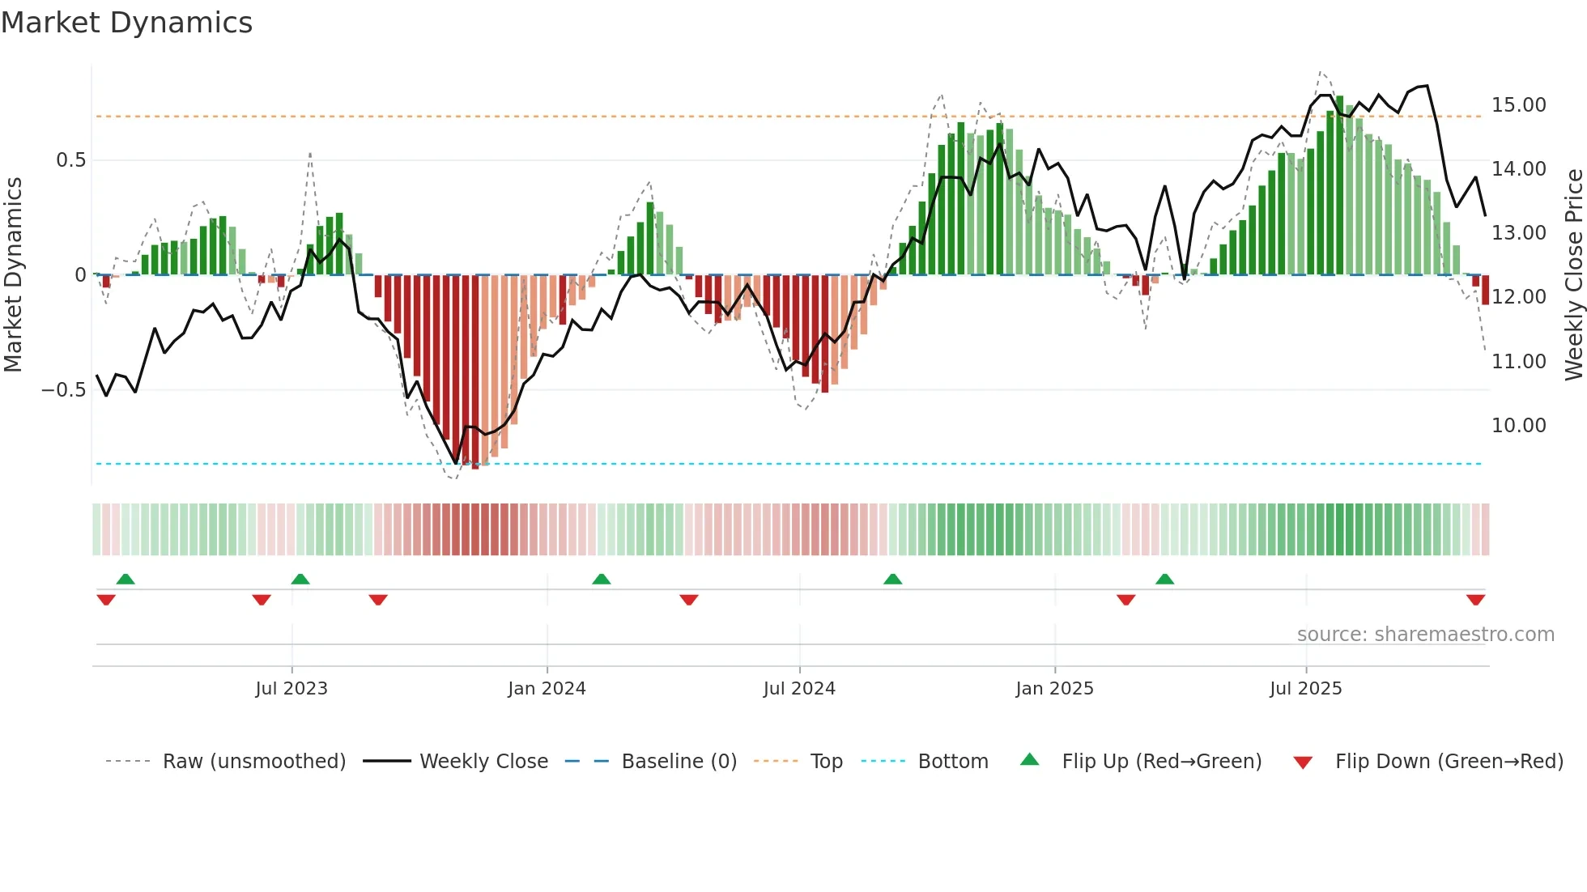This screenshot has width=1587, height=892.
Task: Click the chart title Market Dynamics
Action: [126, 23]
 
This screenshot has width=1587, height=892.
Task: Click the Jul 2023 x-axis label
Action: [291, 689]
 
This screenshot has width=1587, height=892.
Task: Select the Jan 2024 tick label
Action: [547, 689]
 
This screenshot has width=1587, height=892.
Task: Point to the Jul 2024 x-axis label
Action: [799, 689]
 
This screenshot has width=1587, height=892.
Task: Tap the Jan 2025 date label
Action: [1054, 689]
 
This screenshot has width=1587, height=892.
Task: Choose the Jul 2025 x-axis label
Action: [1305, 689]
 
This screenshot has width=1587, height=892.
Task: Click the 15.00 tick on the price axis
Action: [1518, 105]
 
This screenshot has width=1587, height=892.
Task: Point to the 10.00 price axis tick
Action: [1518, 426]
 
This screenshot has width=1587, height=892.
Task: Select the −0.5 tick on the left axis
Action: [64, 390]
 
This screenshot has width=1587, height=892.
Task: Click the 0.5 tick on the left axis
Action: [71, 160]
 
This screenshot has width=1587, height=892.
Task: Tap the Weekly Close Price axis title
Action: [1573, 275]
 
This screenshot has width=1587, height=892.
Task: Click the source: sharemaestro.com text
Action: [1425, 635]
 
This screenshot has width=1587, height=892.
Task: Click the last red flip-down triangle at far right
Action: [1475, 600]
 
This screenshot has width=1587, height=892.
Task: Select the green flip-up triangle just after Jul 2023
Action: [300, 579]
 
